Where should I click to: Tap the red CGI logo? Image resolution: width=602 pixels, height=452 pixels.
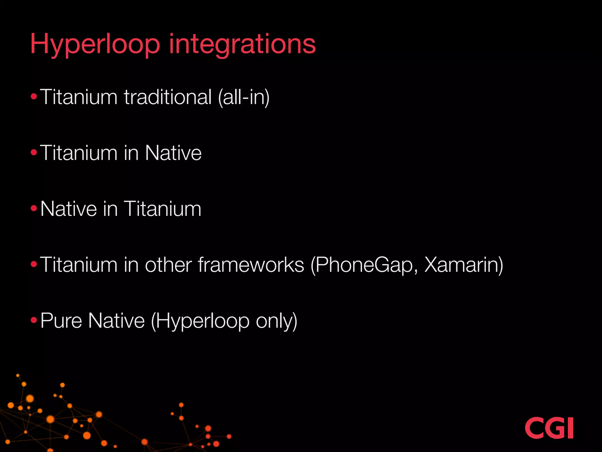tap(549, 428)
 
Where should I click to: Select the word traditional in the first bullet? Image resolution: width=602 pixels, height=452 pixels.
tap(168, 97)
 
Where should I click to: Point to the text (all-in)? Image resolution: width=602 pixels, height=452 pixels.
tap(244, 97)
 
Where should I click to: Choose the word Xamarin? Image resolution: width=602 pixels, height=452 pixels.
tap(464, 265)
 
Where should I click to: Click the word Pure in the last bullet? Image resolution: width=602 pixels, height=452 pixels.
tap(61, 320)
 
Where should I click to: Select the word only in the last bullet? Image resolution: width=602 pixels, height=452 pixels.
tap(276, 321)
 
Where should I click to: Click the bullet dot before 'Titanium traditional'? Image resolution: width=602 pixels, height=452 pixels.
tap(34, 97)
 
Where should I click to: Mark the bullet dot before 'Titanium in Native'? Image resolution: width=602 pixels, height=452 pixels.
tap(34, 152)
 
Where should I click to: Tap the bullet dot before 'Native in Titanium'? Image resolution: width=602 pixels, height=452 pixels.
tap(34, 209)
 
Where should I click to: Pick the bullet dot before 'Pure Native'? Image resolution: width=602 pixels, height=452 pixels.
tap(34, 320)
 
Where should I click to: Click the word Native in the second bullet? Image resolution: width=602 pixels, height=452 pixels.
tap(173, 153)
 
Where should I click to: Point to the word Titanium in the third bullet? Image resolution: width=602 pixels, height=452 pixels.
tap(163, 209)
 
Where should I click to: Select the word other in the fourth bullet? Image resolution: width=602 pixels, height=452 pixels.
tap(168, 265)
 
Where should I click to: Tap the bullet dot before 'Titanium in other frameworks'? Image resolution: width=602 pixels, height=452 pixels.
tap(34, 264)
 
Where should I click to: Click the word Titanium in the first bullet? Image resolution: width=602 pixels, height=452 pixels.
tap(79, 97)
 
